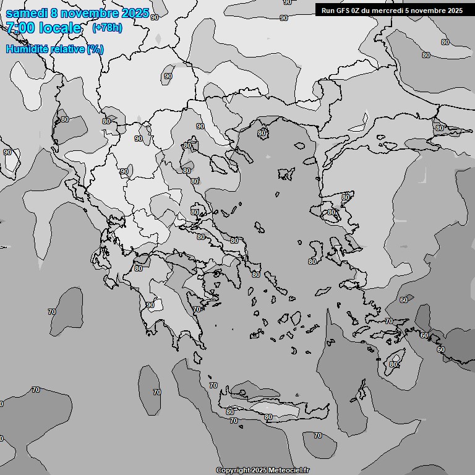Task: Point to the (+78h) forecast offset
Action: [107, 28]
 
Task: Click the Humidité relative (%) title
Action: [54, 49]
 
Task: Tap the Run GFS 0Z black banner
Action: [392, 10]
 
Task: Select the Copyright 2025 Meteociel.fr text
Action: [262, 470]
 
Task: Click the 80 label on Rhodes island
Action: [393, 364]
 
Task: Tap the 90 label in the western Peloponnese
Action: [150, 305]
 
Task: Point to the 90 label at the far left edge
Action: [7, 152]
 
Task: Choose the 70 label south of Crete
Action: [317, 435]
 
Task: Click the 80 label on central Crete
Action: [268, 417]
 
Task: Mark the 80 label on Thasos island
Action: [262, 133]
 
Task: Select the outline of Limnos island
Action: [286, 174]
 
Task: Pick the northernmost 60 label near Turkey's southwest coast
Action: [404, 300]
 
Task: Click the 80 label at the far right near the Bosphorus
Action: [439, 128]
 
